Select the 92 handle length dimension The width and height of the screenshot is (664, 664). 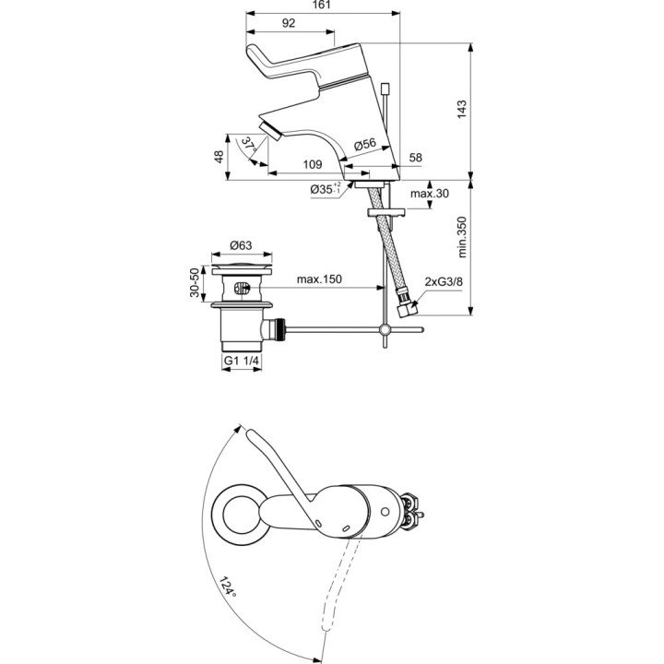289,24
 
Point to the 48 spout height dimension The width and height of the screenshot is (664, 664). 219,157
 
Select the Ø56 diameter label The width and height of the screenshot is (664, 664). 366,144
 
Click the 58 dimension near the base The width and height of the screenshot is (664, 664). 415,159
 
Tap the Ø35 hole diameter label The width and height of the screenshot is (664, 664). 326,189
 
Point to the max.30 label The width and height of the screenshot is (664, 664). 429,194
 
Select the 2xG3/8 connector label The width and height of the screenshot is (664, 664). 443,282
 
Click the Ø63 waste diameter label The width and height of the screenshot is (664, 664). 241,245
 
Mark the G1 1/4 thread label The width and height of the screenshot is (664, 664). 243,362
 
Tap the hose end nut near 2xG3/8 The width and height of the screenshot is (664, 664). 406,314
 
